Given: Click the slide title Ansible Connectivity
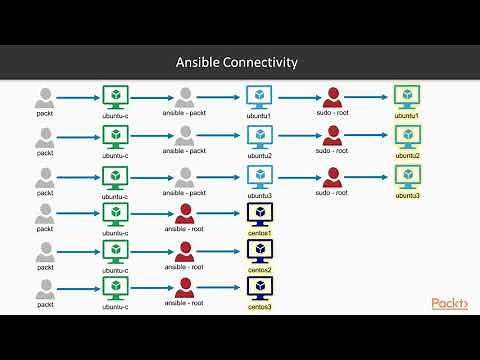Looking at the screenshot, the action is [239, 63].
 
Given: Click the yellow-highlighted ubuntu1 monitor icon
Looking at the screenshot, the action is [407, 96].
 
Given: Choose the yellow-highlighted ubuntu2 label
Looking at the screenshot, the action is [407, 156].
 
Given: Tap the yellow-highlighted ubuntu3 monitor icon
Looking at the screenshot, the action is [407, 174].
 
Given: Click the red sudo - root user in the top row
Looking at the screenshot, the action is [333, 97].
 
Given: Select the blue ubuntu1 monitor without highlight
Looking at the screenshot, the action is [259, 97].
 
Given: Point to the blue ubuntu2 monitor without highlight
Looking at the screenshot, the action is [259, 136].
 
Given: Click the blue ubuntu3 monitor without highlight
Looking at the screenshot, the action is [259, 174].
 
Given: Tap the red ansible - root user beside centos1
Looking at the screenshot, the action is [184, 212].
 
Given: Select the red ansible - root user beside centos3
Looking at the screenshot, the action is [184, 289].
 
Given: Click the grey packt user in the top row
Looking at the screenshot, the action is [45, 97].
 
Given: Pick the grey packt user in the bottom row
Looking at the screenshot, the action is [45, 289].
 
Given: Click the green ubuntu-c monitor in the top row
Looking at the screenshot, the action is [115, 97].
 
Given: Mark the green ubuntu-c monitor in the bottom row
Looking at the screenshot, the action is [115, 289].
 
